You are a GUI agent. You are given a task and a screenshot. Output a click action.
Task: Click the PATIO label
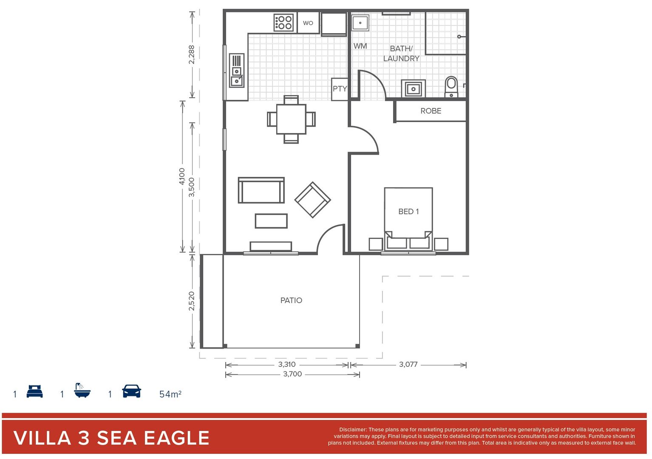coord(291,300)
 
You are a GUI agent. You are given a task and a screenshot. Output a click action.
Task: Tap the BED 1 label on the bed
coord(408,212)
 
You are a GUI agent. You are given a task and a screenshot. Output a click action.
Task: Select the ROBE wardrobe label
coord(431,111)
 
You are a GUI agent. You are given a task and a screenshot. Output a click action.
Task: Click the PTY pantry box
coord(340,89)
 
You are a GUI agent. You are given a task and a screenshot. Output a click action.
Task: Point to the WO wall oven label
coord(308,23)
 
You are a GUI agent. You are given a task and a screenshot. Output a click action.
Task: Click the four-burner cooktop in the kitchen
coord(283,23)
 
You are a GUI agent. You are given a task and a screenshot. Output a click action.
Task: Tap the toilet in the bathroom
coord(451,87)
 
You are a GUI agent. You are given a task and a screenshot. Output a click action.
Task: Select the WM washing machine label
coord(360,46)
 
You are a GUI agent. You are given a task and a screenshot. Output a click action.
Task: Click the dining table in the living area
coord(291,119)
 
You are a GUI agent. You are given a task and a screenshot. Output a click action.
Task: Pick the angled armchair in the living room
coord(312,200)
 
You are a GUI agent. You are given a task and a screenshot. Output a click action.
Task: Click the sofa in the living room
coord(261,190)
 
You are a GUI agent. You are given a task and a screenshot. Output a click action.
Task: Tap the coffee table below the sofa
coord(271,221)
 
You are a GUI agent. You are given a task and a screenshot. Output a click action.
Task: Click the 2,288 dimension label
coord(192,54)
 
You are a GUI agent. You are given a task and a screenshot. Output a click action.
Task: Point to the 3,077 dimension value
coord(408,364)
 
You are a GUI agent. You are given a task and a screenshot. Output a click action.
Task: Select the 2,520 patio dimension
coord(192,300)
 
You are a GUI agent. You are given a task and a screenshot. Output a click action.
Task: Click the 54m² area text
coord(170,394)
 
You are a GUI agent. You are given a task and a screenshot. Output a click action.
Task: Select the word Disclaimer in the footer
coord(353,430)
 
